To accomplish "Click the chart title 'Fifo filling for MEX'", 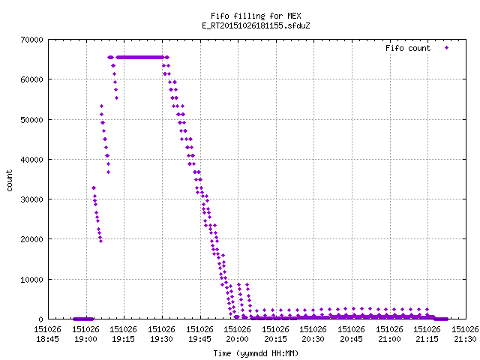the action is click(256, 16).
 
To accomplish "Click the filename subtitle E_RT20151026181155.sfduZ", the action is click(256, 25).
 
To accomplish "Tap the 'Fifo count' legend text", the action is click(408, 48).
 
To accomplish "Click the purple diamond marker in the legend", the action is click(447, 47).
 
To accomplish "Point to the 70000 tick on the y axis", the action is click(31, 40).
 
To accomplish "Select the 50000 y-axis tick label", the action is click(31, 120).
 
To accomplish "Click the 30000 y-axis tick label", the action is click(31, 199).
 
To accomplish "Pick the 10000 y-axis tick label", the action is click(31, 280).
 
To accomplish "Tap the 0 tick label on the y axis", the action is click(40, 319).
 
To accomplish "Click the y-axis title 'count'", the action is click(10, 181).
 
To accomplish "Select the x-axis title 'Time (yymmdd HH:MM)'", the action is click(256, 353).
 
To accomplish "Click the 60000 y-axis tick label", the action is click(31, 79).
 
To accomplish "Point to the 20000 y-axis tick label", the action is click(31, 239).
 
